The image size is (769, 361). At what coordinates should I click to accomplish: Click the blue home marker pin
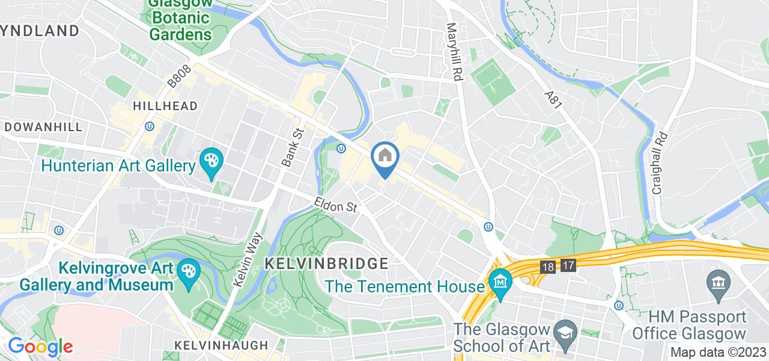tap(384, 158)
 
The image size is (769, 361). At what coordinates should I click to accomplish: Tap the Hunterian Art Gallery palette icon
tap(211, 162)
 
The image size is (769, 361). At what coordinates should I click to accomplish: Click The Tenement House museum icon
tap(500, 280)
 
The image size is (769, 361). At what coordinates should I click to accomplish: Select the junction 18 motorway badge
tap(548, 265)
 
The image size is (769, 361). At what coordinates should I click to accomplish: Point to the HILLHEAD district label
tap(165, 106)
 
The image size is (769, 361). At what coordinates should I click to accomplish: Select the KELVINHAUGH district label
tap(220, 345)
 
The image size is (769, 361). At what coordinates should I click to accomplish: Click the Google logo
tap(40, 347)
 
